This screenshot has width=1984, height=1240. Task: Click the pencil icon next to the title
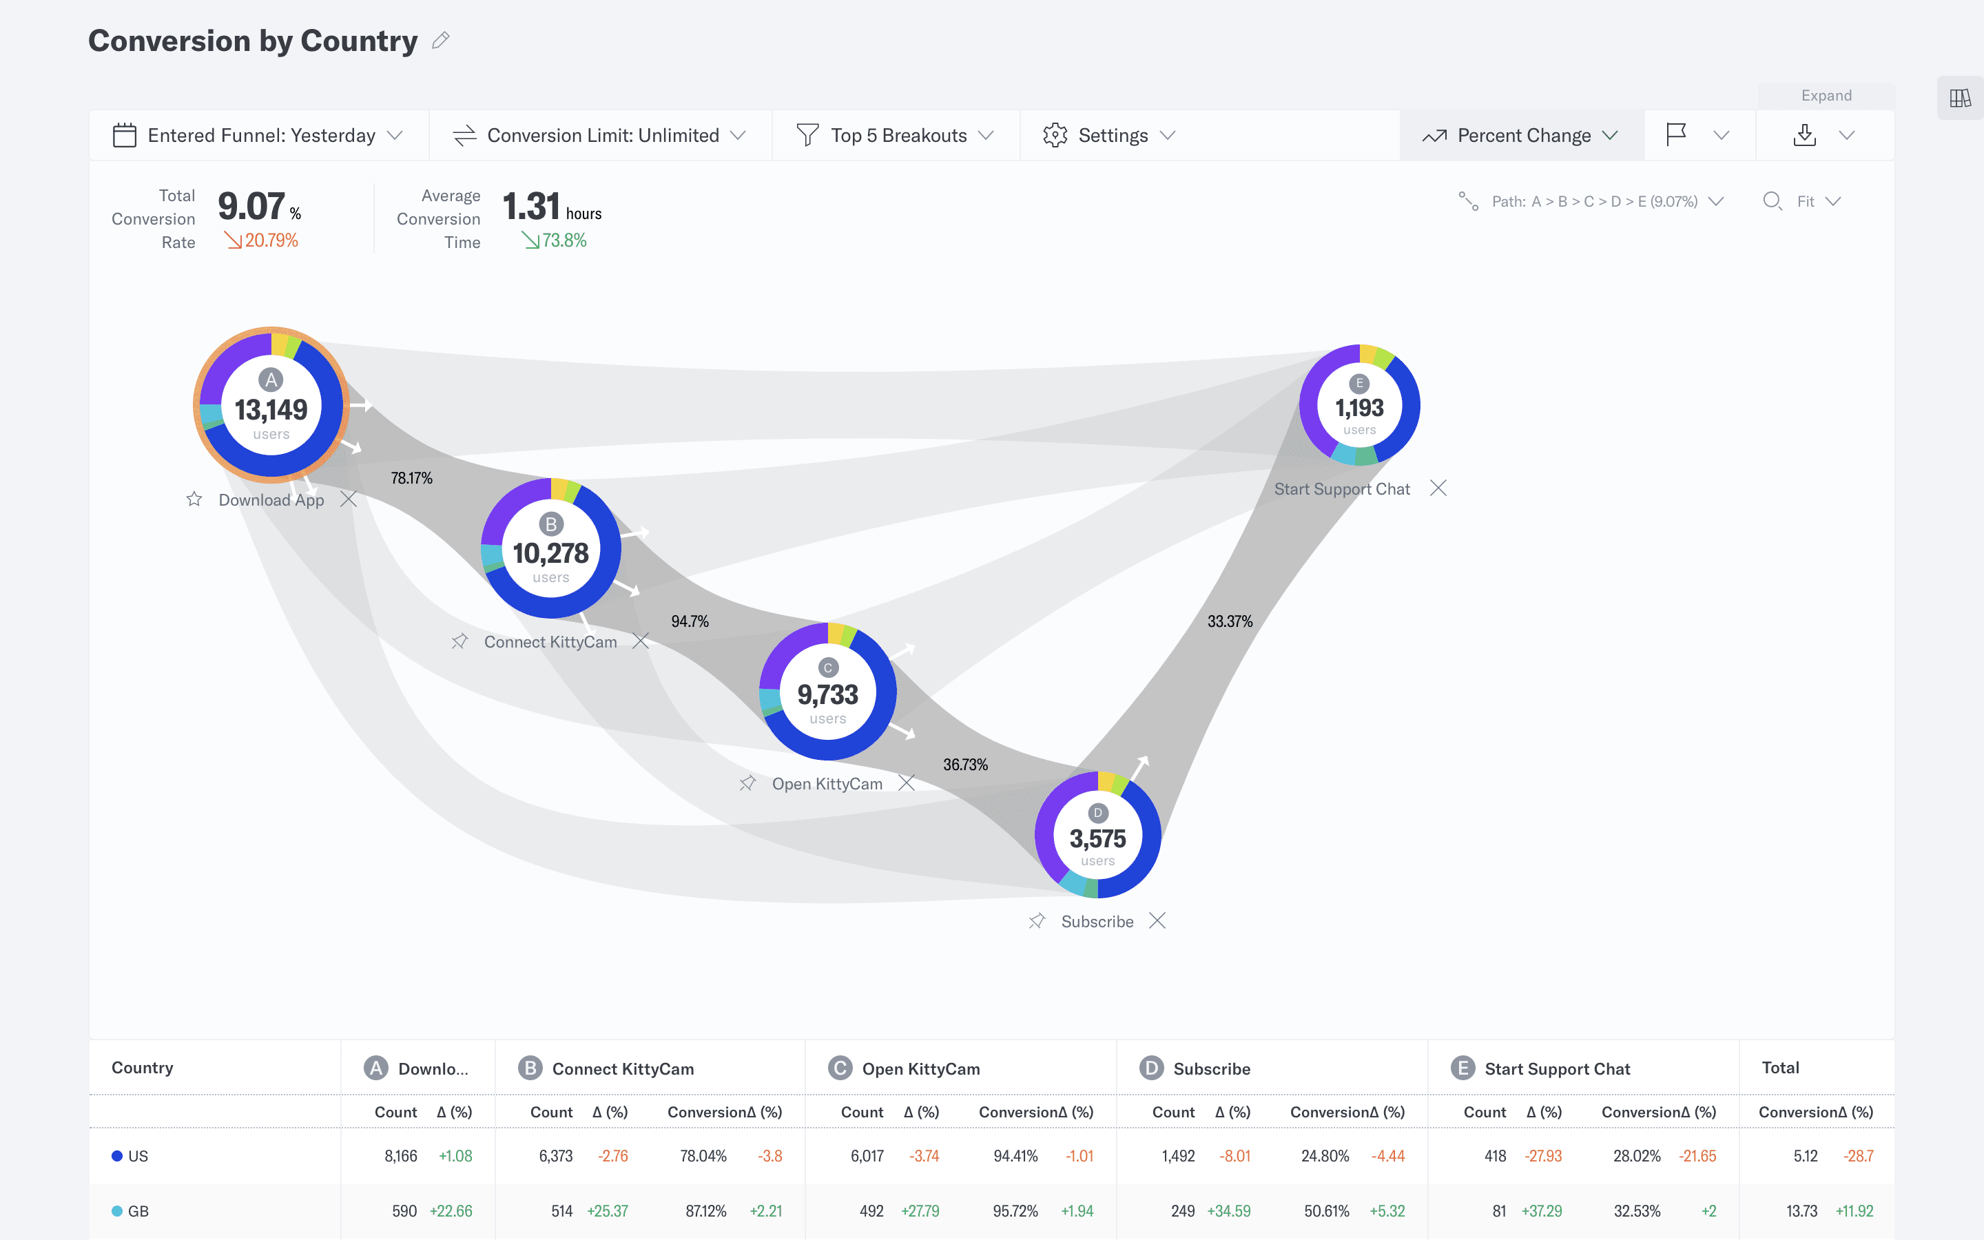point(440,40)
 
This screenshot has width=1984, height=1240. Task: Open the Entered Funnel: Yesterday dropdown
point(258,135)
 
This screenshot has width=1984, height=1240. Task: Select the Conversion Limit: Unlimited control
point(599,135)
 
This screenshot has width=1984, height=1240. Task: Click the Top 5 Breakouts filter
point(896,135)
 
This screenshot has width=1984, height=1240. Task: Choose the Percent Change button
point(1521,135)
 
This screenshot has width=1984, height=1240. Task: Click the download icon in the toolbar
point(1804,135)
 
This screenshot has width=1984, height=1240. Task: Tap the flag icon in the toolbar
point(1677,134)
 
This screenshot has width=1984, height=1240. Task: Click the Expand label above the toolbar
point(1826,95)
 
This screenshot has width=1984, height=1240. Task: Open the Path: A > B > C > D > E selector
point(1592,202)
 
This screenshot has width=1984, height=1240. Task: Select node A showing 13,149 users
point(271,406)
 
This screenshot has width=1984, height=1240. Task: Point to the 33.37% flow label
point(1229,621)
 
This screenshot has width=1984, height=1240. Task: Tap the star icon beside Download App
point(194,499)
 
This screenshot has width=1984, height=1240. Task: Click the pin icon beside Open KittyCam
point(747,783)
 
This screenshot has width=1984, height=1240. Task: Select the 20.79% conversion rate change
point(262,241)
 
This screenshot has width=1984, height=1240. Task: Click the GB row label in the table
point(138,1211)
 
